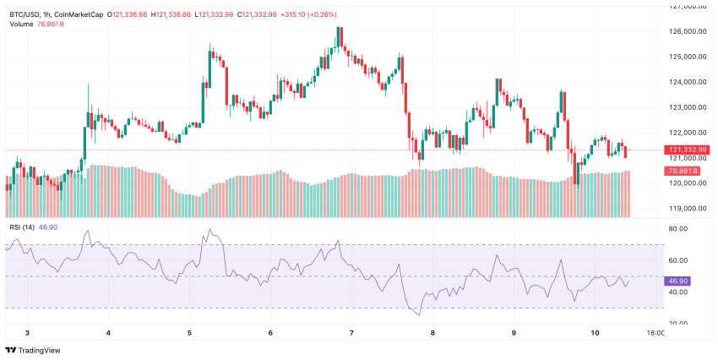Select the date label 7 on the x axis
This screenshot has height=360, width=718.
click(351, 334)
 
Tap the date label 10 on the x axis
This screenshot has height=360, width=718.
click(595, 334)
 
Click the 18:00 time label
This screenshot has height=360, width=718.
click(655, 334)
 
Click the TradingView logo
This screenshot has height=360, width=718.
click(31, 350)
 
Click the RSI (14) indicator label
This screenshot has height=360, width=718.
click(24, 226)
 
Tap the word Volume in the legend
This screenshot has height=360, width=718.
click(22, 24)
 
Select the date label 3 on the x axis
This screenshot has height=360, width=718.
click(27, 334)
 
